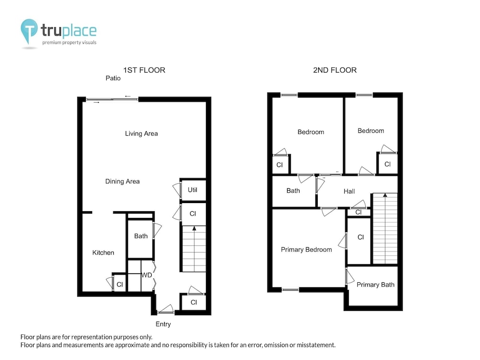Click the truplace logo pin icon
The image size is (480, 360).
[29, 30]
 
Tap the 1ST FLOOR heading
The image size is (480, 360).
[144, 70]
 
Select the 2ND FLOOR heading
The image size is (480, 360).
[335, 70]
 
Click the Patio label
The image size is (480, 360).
[113, 78]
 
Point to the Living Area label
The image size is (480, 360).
[142, 133]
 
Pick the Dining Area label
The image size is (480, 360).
[122, 181]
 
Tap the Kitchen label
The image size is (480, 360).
[103, 252]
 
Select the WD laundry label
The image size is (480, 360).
[146, 275]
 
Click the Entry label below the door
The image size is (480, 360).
[163, 324]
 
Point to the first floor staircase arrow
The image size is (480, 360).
[194, 228]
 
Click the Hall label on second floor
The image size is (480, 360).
[349, 192]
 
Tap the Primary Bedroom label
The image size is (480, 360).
[306, 250]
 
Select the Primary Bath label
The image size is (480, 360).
[376, 285]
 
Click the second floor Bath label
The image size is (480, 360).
[293, 191]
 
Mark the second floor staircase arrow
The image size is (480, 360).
[385, 195]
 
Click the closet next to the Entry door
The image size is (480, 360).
[193, 302]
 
